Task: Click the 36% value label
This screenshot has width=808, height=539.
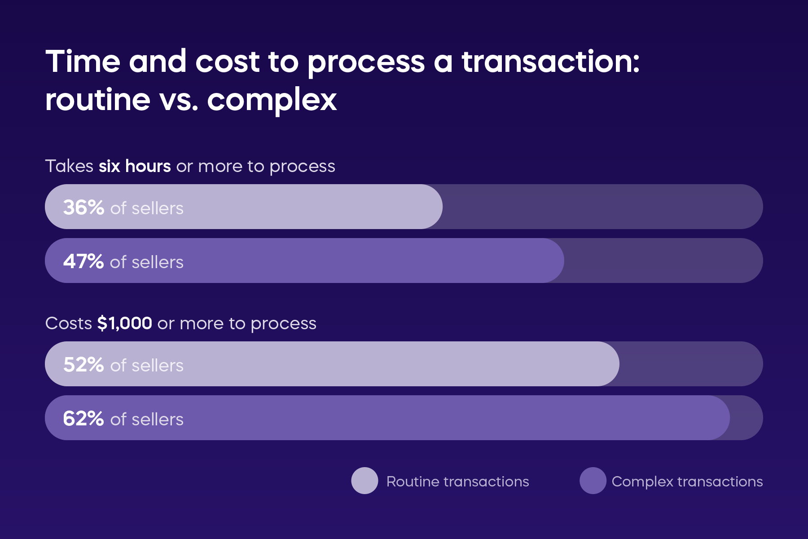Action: tap(83, 208)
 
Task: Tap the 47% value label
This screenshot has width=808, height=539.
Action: tap(83, 261)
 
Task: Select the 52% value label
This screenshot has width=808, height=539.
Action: tap(83, 365)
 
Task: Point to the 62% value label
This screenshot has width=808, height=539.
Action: tap(83, 419)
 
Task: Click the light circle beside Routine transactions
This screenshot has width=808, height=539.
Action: tap(364, 481)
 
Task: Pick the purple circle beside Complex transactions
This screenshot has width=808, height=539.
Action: tap(593, 481)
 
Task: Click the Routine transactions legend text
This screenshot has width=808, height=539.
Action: tap(457, 482)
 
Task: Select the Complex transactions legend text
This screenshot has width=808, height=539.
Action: tap(687, 482)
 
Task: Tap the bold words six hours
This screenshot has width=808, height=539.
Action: tap(135, 166)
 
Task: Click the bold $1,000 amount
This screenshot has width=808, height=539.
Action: tap(125, 323)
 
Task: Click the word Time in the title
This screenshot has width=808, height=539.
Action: tap(83, 61)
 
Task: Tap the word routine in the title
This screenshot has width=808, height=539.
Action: tap(98, 100)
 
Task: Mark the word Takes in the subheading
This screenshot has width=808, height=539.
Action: tap(69, 166)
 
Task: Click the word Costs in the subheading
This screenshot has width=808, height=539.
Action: tap(69, 323)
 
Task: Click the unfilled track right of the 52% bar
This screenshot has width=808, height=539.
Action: tap(691, 364)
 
